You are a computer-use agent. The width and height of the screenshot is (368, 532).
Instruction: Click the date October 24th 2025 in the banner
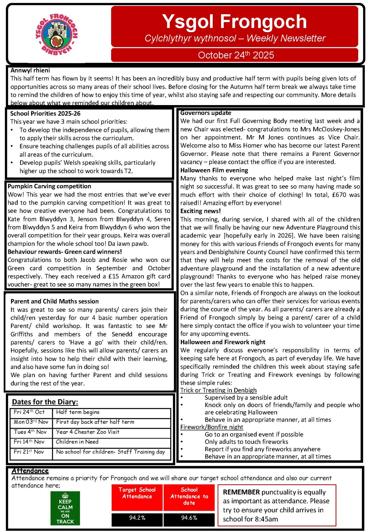pos(236,55)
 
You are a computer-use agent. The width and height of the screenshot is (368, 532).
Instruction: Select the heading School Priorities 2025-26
pos(45,114)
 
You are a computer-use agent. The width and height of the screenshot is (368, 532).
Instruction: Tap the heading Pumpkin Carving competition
pos(49,186)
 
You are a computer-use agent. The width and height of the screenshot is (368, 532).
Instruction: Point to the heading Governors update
pos(206,113)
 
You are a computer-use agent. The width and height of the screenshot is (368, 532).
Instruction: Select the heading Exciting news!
pos(200,211)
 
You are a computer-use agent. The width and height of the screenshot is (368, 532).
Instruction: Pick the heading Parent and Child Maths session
pos(55,301)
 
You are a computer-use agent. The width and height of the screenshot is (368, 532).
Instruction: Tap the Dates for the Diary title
pos(45,402)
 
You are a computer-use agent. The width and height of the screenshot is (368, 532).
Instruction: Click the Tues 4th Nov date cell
pos(30,432)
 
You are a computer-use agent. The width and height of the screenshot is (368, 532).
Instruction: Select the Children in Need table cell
pos(77,442)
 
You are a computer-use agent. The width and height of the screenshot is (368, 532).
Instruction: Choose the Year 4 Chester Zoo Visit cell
pos(88,432)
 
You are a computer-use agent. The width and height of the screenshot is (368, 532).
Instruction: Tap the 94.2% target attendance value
pos(137,518)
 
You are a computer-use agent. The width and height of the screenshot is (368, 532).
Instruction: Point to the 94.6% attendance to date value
pos(189,518)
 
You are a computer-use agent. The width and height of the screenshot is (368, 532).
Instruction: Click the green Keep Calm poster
pos(65,508)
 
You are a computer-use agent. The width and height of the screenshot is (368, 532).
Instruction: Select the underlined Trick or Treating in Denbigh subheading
pos(218,390)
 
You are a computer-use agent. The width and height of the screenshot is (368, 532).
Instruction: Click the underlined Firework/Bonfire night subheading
pos(212,427)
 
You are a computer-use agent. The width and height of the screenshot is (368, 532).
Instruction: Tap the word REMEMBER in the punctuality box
pos(241,492)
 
